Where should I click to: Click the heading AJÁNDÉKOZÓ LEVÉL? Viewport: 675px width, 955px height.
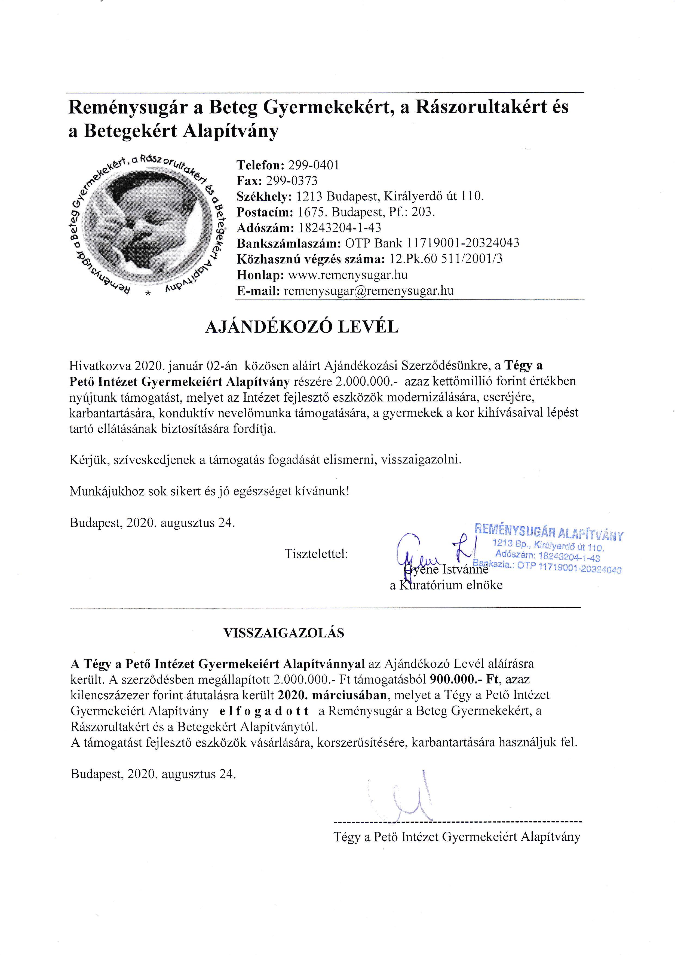click(302, 327)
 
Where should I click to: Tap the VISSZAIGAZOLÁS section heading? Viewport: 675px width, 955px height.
click(284, 633)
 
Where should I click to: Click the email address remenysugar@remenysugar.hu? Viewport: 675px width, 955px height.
click(369, 291)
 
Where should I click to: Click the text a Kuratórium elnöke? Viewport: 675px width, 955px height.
click(446, 585)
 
